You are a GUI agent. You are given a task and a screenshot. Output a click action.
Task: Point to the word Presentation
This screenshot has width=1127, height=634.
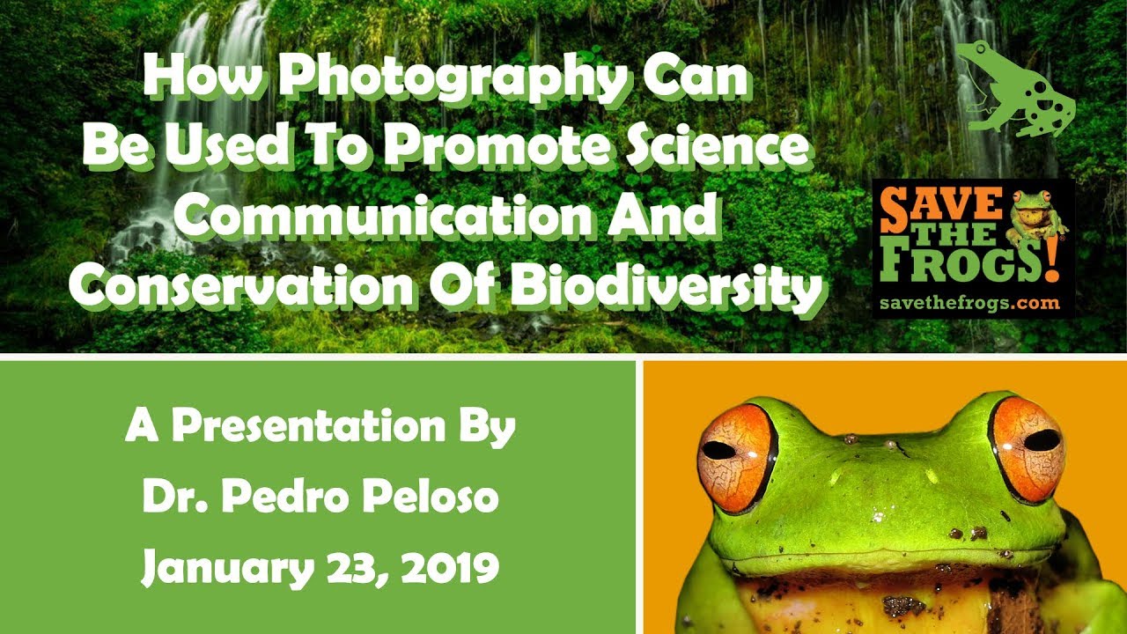(x=308, y=425)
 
